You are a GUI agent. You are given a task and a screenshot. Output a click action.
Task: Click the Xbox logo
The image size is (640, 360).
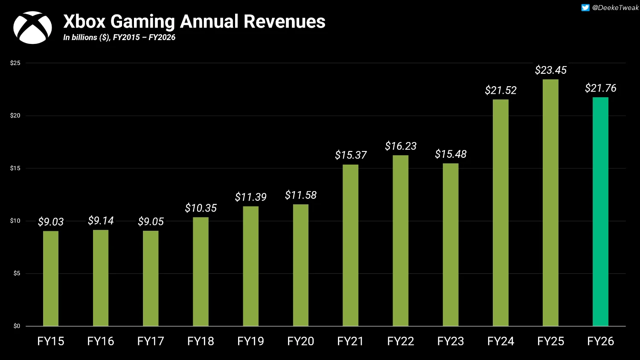point(32,27)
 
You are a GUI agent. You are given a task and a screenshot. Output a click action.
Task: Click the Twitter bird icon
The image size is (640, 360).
point(585,8)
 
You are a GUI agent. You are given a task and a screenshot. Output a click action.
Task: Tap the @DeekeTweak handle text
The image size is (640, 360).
point(615,8)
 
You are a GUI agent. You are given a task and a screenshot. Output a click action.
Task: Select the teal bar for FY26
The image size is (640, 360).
point(600,212)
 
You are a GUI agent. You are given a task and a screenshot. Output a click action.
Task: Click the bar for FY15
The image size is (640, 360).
point(51,279)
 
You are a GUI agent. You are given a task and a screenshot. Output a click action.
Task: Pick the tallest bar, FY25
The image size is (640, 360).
point(550,203)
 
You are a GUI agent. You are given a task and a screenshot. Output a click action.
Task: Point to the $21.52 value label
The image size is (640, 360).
point(500,90)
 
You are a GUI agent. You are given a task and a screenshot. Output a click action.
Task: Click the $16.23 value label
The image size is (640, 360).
point(401,146)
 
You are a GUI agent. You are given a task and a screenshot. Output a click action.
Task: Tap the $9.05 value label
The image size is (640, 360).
point(151,222)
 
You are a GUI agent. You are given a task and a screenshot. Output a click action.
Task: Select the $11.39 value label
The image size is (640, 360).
point(250,197)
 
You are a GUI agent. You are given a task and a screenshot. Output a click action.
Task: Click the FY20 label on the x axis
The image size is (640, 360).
point(300,341)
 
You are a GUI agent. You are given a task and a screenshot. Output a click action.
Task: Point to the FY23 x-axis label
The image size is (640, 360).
point(451,341)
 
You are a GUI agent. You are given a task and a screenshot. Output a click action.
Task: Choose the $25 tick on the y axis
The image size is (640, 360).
point(15,63)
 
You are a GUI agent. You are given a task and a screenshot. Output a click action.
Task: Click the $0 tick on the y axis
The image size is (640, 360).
point(17,326)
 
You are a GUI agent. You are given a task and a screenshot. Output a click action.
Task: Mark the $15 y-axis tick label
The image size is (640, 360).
point(15,168)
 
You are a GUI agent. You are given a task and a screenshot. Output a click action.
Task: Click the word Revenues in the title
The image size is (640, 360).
point(285,21)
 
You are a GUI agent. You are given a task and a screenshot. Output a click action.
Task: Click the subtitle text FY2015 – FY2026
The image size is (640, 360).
point(144,38)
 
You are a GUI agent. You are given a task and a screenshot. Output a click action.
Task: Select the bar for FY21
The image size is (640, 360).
point(351,245)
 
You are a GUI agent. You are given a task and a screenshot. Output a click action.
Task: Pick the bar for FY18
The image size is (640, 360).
point(201,272)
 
